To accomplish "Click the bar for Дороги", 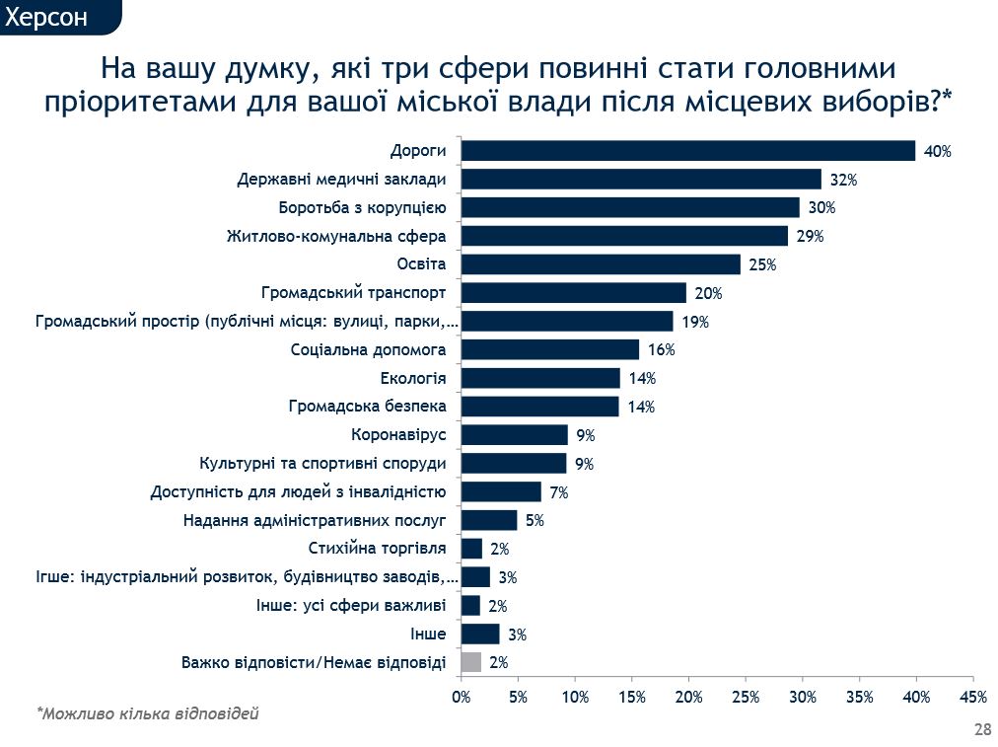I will [688, 150].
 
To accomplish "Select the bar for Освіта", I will [601, 264].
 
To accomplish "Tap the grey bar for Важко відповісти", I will [471, 662].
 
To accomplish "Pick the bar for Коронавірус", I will [515, 435].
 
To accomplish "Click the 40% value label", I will [938, 151].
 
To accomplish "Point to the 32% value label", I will [843, 180].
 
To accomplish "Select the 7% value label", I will [558, 492].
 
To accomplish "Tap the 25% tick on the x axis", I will [746, 698].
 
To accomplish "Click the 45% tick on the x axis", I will [973, 698].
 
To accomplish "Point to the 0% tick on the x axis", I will [462, 698].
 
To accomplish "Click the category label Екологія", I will [413, 378].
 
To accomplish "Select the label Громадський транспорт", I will [354, 293].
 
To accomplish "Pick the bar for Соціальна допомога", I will [550, 349].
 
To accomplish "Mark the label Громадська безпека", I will [368, 407].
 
